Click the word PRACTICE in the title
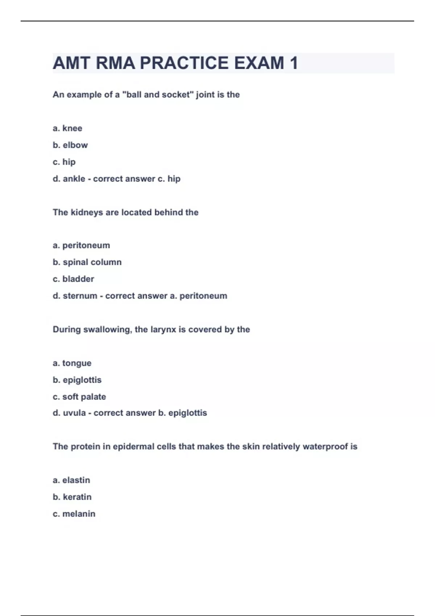[184, 63]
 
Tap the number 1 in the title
[294, 63]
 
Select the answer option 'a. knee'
[67, 128]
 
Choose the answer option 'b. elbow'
[70, 145]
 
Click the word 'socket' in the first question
[176, 95]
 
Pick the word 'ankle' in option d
[74, 179]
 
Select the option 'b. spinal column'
[87, 262]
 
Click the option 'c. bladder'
[73, 279]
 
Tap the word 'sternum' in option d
[80, 296]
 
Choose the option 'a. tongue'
[72, 363]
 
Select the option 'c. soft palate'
[79, 397]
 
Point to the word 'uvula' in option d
[74, 413]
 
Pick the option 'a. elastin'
[71, 480]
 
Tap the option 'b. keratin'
[72, 497]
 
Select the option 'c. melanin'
[74, 514]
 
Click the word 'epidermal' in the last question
[133, 446]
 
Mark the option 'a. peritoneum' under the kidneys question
[81, 245]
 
